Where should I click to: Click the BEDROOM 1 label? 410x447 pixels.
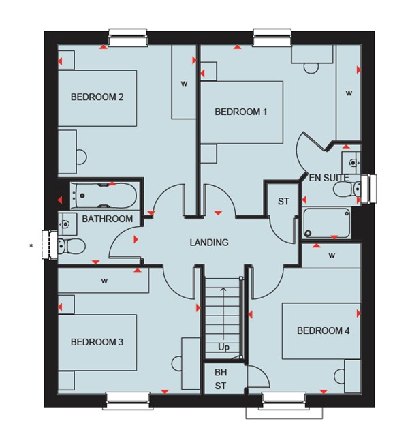click(241, 112)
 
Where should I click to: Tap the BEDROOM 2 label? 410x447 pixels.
click(97, 97)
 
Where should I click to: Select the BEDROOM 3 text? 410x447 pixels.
click(97, 342)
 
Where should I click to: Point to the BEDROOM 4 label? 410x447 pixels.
click(323, 330)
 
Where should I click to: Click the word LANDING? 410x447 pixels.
click(209, 243)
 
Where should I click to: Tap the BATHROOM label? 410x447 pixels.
click(108, 219)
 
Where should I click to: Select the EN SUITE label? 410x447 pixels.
click(329, 178)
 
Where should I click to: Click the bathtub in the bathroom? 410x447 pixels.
click(104, 196)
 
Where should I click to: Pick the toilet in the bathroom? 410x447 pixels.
click(72, 246)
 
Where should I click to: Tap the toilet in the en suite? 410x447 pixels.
click(347, 189)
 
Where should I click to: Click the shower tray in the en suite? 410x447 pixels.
click(326, 223)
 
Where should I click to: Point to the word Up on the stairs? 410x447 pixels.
click(223, 348)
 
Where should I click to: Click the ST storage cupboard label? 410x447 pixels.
click(283, 202)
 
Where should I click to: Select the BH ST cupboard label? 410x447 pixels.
click(221, 379)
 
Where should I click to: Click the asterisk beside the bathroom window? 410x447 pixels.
click(31, 245)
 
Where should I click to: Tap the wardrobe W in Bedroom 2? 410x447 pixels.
click(185, 84)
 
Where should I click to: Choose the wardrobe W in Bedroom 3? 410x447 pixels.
click(105, 281)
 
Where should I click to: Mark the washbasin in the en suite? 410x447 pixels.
click(351, 162)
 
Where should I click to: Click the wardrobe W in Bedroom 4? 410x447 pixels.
click(332, 256)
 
